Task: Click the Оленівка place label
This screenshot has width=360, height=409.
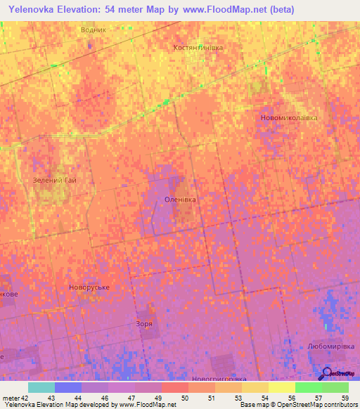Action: tap(180, 200)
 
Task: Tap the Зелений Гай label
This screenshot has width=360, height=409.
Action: tap(54, 181)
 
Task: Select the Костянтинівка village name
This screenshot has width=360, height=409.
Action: tap(198, 47)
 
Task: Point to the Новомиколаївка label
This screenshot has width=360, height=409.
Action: tap(289, 117)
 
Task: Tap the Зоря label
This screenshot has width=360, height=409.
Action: tap(144, 324)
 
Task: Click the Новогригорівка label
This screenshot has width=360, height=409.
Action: tap(219, 379)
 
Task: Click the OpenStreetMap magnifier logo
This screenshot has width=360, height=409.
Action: tap(328, 373)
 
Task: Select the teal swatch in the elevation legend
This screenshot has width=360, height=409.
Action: tap(41, 387)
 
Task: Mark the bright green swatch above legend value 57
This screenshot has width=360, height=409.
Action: tap(308, 387)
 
